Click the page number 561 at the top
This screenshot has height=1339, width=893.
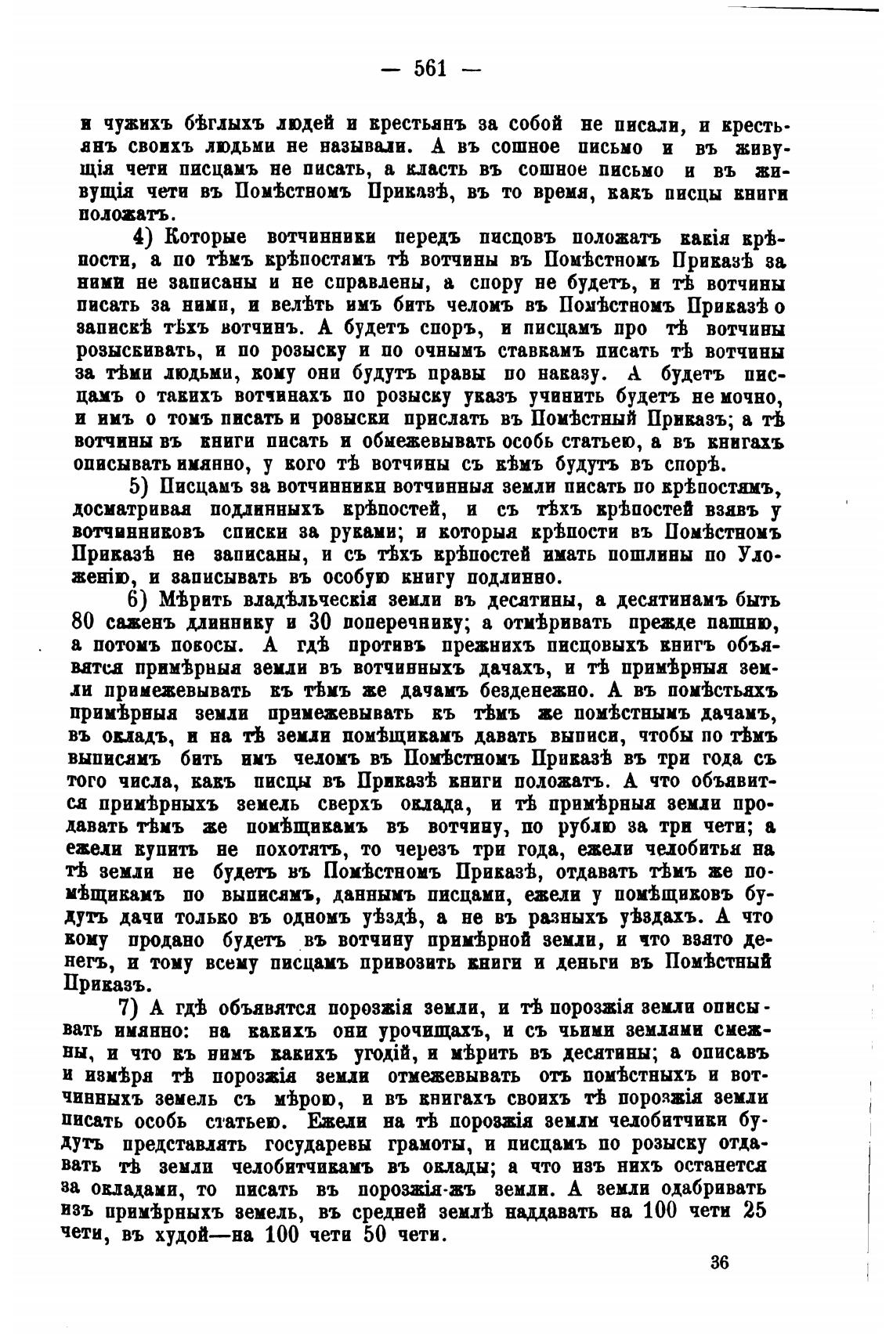pos(429,69)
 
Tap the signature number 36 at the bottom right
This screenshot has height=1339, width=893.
pos(721,1262)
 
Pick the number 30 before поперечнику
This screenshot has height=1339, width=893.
pos(327,623)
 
